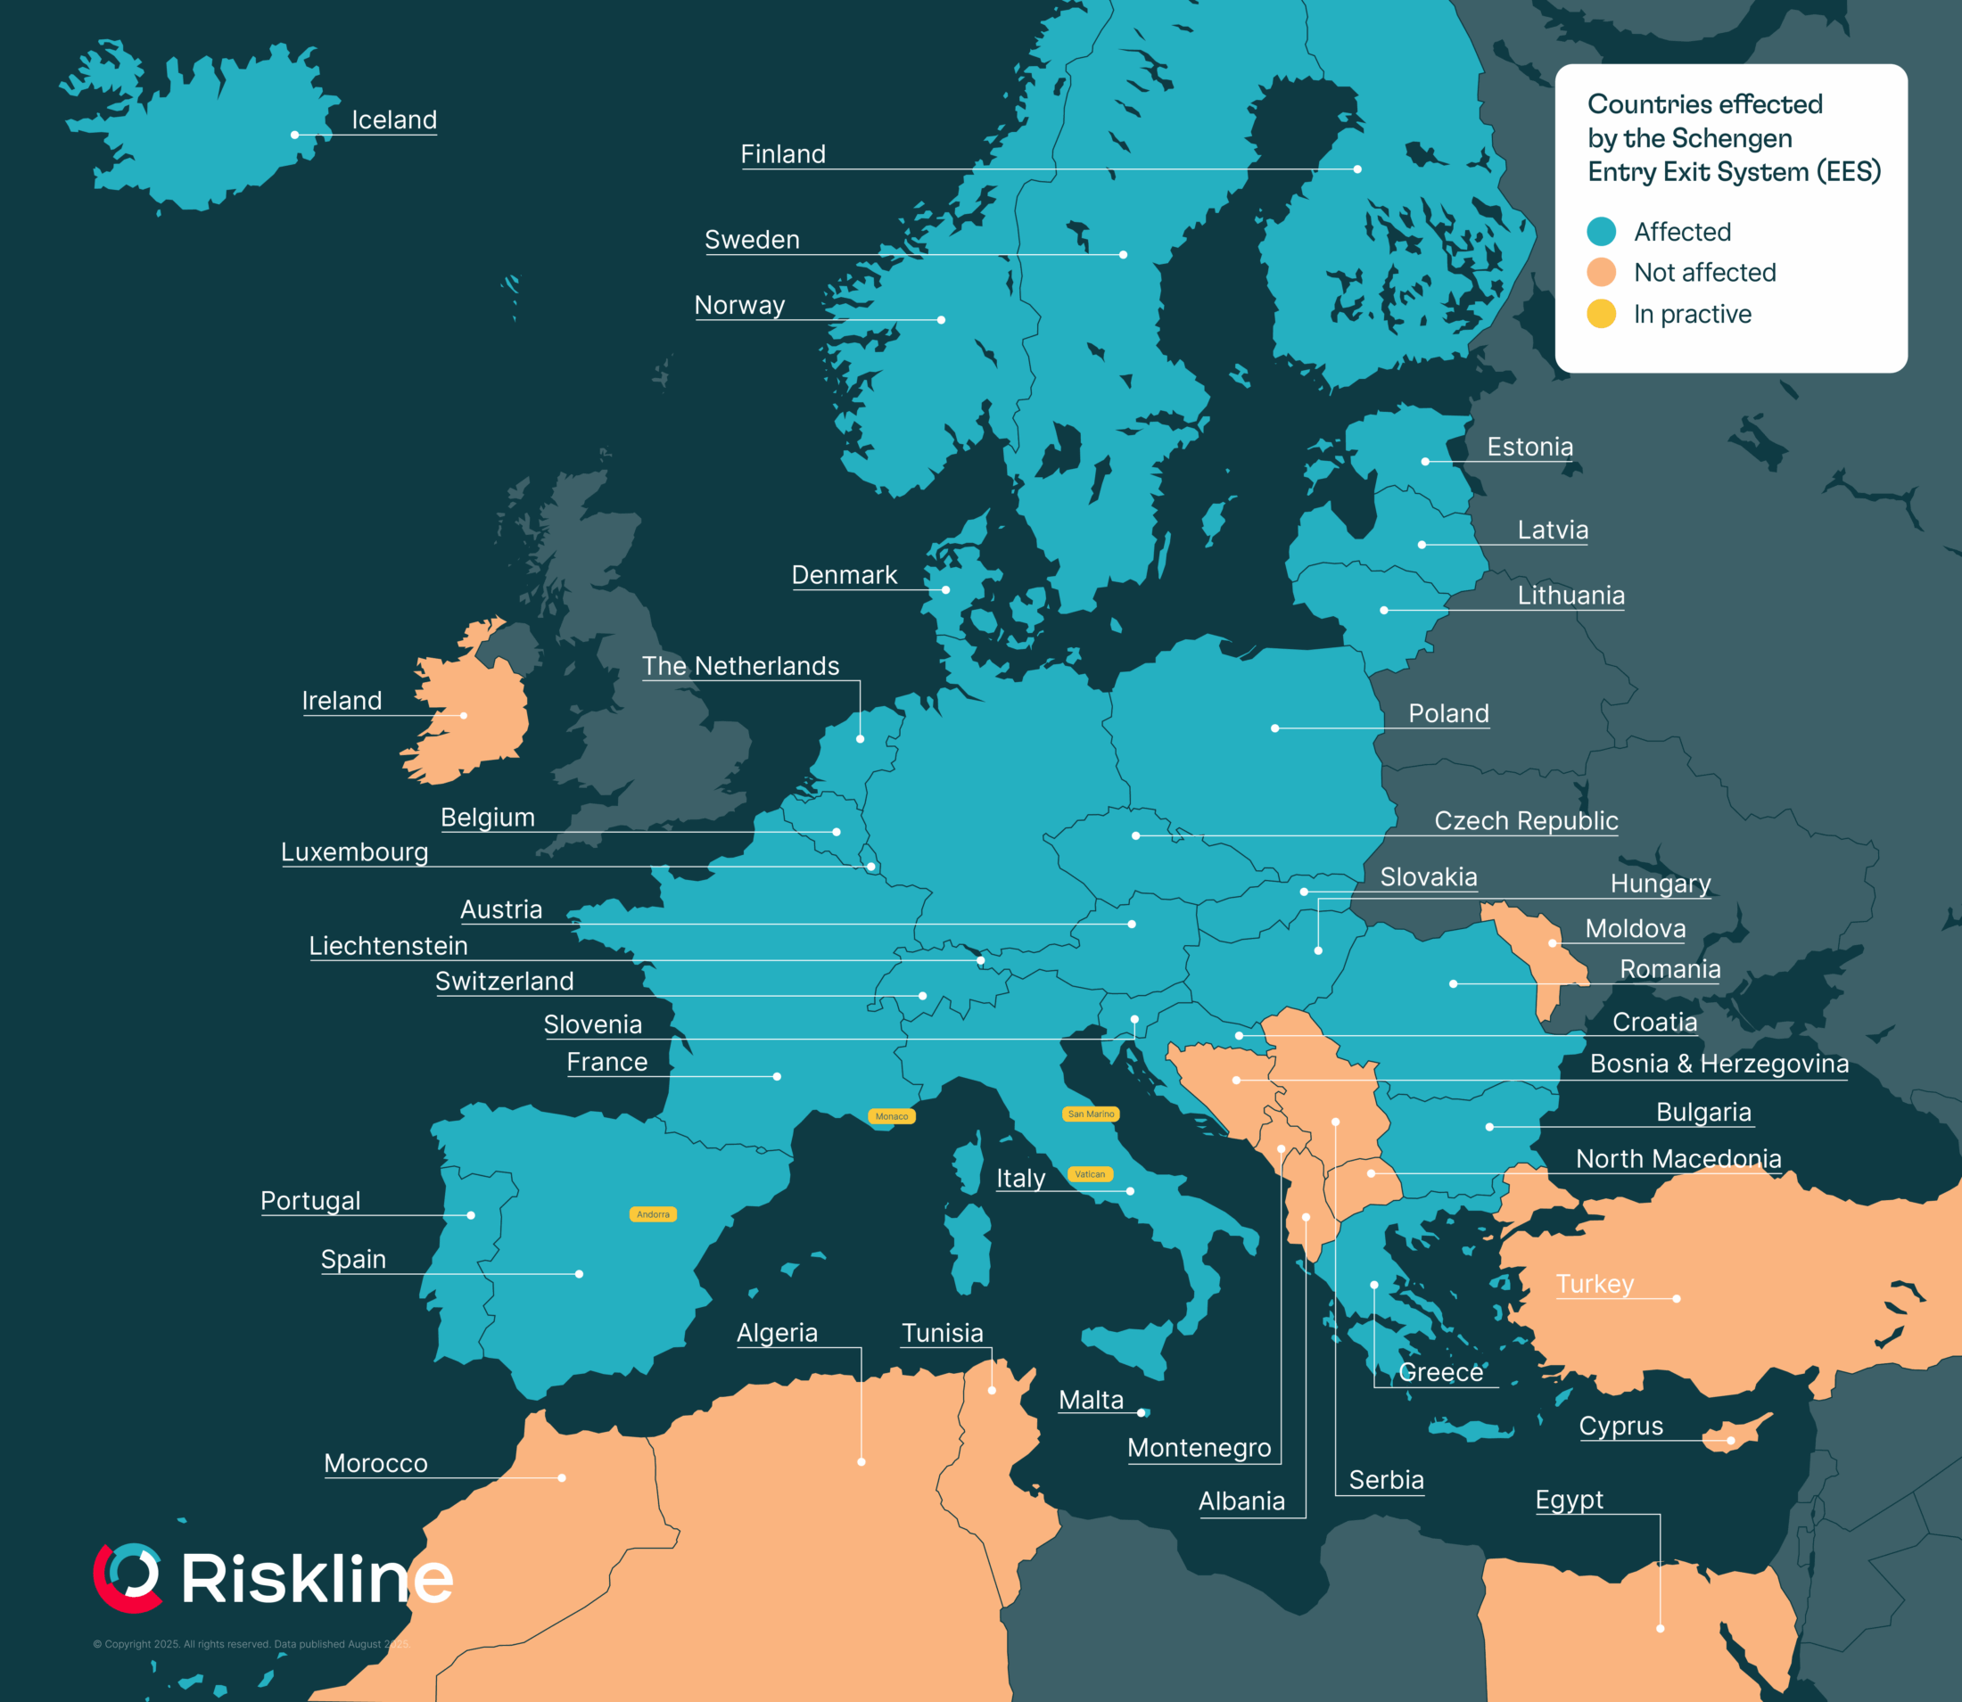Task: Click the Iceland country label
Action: [x=393, y=119]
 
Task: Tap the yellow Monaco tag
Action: [x=891, y=1116]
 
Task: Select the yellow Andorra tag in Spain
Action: [x=653, y=1213]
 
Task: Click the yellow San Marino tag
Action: [x=1090, y=1114]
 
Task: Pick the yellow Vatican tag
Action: [x=1090, y=1174]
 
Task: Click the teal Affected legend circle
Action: [x=1601, y=232]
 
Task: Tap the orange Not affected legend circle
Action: [x=1601, y=273]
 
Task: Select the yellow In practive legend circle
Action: [x=1601, y=314]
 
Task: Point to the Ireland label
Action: [x=342, y=701]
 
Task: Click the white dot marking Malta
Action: [x=1142, y=1413]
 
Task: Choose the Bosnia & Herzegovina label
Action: [x=1719, y=1064]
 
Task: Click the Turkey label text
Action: [x=1595, y=1284]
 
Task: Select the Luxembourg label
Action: [x=354, y=852]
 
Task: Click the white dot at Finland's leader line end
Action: [x=1356, y=169]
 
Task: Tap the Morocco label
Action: [x=375, y=1464]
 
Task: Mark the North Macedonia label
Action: [x=1678, y=1159]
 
